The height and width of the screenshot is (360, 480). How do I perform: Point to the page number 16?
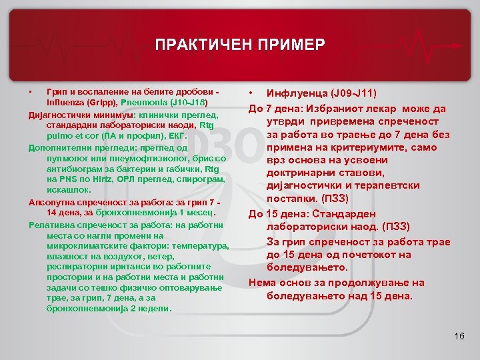tap(458, 335)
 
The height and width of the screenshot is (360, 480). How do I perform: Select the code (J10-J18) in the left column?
tap(189, 103)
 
